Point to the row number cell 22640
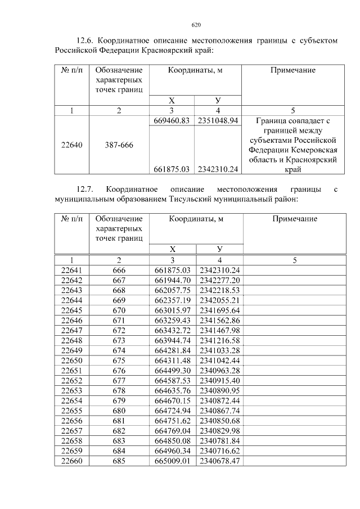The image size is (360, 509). click(71, 145)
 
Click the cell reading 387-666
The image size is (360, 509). click(119, 145)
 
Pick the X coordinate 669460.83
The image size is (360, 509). click(172, 120)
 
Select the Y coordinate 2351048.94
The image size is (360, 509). click(219, 120)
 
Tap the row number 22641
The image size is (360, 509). click(71, 270)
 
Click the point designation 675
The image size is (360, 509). click(119, 361)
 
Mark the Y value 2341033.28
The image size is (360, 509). click(219, 350)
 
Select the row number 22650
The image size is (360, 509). click(71, 361)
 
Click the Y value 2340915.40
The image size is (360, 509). click(219, 380)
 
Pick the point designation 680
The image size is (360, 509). click(119, 411)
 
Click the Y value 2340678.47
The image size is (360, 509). click(219, 461)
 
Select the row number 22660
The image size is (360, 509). click(71, 461)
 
